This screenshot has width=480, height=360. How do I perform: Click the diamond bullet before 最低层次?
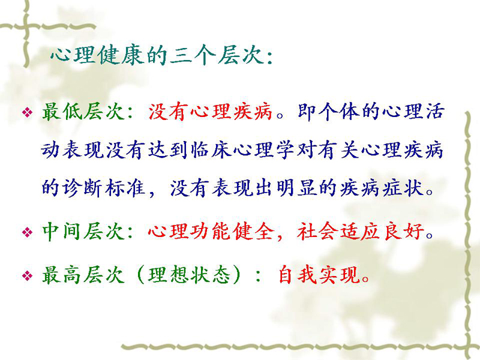(27, 113)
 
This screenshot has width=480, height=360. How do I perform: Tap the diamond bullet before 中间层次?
(27, 233)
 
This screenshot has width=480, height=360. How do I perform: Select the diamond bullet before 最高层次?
(27, 276)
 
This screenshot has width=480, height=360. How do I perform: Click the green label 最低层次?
(83, 111)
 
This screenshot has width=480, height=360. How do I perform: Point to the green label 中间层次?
(83, 231)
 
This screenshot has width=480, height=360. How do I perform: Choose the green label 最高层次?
(83, 275)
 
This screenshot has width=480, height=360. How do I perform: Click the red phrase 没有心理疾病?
(211, 111)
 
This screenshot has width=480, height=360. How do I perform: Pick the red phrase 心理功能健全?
(211, 231)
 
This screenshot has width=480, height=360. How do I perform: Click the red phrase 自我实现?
(319, 275)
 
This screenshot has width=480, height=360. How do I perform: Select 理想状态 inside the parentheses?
(189, 275)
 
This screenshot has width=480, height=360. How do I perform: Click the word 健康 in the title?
(121, 56)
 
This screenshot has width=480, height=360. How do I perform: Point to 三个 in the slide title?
(193, 56)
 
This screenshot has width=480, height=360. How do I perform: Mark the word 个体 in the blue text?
(339, 111)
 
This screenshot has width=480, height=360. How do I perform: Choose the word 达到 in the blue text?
(168, 151)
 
